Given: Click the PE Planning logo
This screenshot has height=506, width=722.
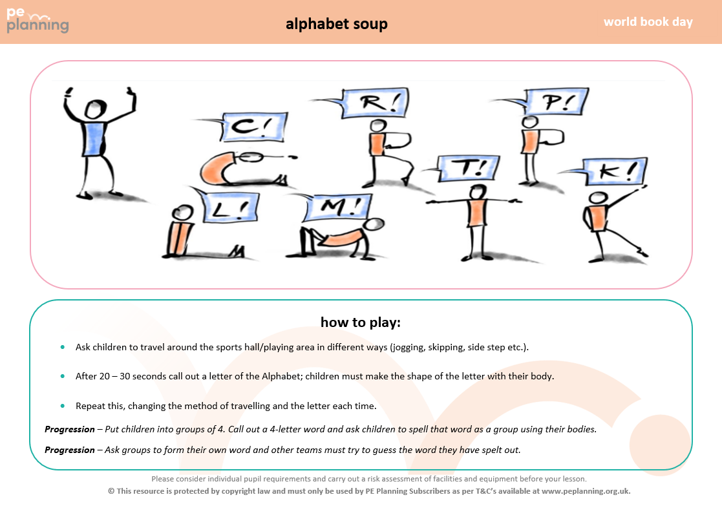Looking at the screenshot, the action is [x=37, y=21].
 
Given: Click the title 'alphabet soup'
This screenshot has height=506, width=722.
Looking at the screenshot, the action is [x=337, y=23].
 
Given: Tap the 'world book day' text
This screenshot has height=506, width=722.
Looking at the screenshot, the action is [x=648, y=21].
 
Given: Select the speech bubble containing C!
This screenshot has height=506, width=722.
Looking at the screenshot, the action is [x=254, y=127].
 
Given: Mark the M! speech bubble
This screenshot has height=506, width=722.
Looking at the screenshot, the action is [x=338, y=207].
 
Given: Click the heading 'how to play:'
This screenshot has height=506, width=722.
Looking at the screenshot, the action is [x=361, y=322].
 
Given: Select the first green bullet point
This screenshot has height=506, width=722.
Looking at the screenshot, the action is [x=63, y=347].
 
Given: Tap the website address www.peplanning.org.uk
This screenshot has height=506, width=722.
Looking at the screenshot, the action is [x=585, y=491].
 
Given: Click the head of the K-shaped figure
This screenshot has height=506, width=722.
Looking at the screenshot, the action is [x=598, y=198].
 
